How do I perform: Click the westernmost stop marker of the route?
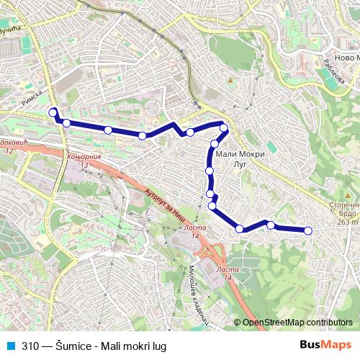52,112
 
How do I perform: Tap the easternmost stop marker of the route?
308,230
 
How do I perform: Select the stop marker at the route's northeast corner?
223,128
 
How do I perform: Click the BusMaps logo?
325,346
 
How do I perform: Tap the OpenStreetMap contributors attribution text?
297,323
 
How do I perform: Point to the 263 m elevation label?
347,222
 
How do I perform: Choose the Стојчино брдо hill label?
343,210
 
